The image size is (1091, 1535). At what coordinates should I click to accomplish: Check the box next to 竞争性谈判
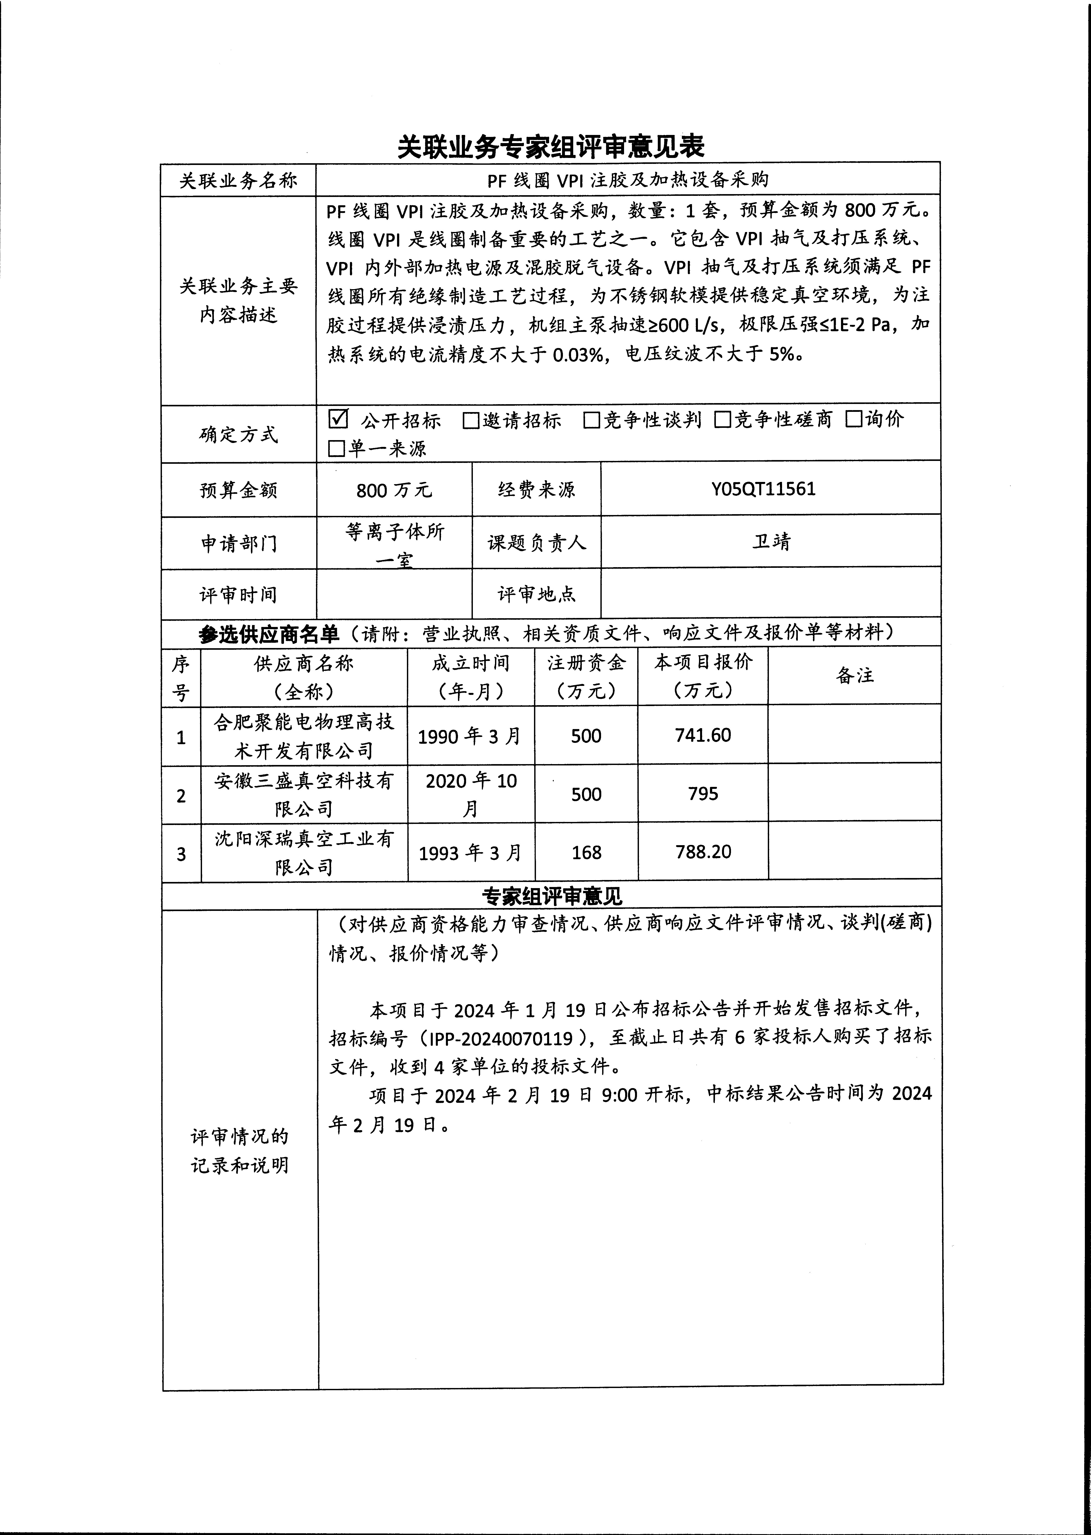click(x=591, y=420)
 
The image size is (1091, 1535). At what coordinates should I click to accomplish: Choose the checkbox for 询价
click(x=853, y=419)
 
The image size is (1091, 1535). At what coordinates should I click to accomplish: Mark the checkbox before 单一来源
click(x=336, y=449)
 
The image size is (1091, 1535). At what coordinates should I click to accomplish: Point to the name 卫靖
click(x=771, y=541)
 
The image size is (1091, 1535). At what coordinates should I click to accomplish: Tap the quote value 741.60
click(x=703, y=735)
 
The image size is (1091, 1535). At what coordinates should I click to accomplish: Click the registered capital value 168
click(x=586, y=853)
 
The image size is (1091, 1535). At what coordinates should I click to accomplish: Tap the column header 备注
click(x=855, y=676)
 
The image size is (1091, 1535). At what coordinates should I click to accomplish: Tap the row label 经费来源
click(x=536, y=490)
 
